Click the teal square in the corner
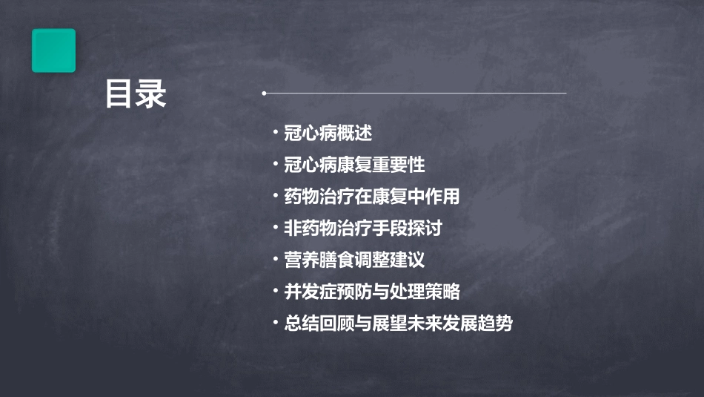tap(53, 50)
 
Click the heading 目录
tap(136, 95)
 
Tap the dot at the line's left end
tap(264, 93)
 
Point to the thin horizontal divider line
tap(415, 93)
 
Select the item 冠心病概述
tap(328, 134)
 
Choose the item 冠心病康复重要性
tap(354, 165)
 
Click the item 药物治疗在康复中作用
tap(372, 197)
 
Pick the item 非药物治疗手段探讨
tap(363, 229)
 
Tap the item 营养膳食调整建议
tap(354, 260)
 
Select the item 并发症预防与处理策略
tap(372, 292)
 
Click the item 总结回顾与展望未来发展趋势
tap(399, 324)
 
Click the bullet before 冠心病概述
tap(276, 133)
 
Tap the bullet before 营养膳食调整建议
tap(276, 260)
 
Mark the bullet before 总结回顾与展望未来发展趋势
tap(276, 323)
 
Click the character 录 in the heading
tap(151, 95)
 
